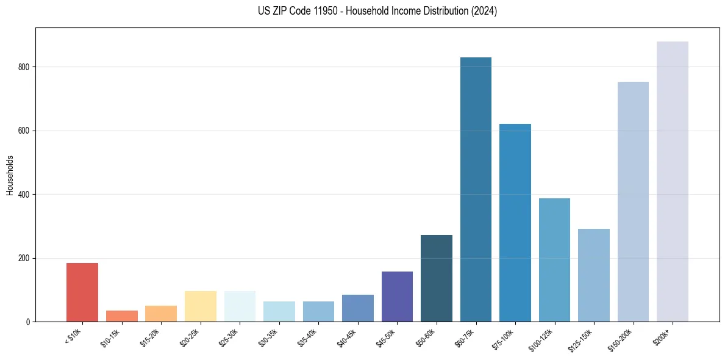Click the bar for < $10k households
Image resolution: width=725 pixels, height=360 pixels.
coord(82,292)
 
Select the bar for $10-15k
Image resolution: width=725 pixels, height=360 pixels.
coord(122,316)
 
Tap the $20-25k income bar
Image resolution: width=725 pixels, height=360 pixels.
coord(201,306)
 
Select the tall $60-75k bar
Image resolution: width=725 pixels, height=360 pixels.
coord(476,189)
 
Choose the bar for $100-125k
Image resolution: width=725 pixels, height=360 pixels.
coord(554,260)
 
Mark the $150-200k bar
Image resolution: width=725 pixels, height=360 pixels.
coord(633,201)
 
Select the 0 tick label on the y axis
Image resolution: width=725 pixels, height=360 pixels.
coord(28,322)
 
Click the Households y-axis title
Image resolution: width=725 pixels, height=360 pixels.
coord(10,175)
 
